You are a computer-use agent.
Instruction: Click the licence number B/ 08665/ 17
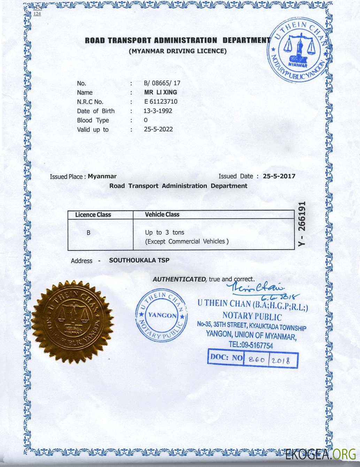click(162, 83)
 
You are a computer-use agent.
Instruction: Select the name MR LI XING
click(161, 92)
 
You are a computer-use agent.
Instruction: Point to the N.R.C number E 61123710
click(161, 102)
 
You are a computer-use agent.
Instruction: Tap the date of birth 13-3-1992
click(158, 111)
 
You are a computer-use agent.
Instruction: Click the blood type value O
click(146, 120)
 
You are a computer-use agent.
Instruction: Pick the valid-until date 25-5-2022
click(158, 129)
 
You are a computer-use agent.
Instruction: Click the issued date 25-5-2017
click(279, 176)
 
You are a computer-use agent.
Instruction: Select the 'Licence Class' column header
click(93, 215)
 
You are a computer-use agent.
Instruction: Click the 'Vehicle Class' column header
click(162, 215)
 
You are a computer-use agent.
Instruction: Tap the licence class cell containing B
click(89, 232)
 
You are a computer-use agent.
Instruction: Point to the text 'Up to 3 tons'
click(164, 232)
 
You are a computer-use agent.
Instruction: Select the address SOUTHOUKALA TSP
click(139, 260)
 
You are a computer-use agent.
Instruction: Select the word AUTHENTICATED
click(179, 279)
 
